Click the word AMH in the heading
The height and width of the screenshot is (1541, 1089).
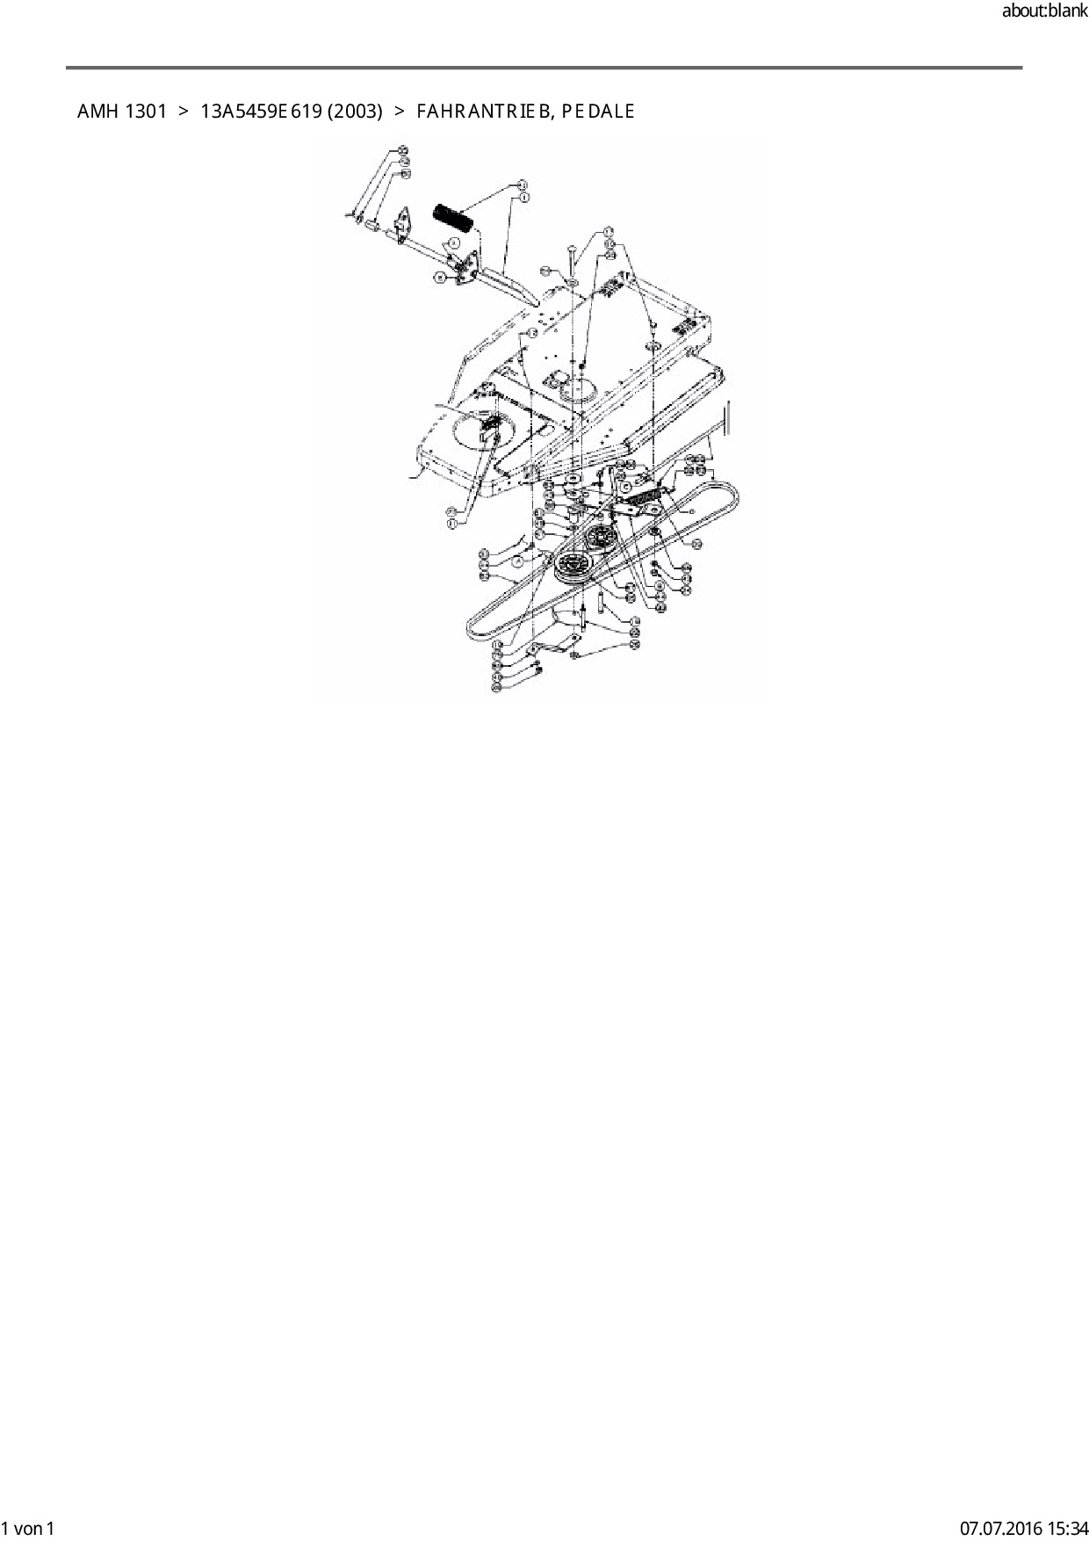[97, 112]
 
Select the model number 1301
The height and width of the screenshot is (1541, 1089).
[145, 112]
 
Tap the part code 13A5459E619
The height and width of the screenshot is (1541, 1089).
[261, 112]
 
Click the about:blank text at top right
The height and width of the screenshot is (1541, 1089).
[1044, 11]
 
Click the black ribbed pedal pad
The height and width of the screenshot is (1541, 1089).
[454, 218]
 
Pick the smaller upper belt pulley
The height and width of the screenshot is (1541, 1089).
[601, 537]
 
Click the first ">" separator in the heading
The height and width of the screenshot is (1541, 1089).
[184, 112]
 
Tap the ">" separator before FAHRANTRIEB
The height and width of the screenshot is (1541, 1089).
[400, 112]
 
